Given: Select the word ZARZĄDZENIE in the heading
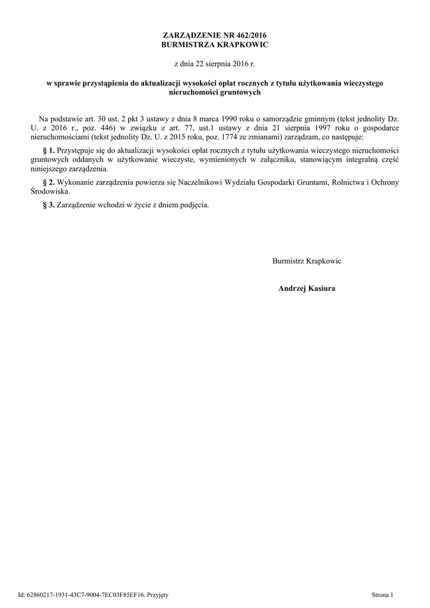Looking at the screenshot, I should pyautogui.click(x=191, y=36).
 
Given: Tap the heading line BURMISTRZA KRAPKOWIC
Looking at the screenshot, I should pyautogui.click(x=215, y=45).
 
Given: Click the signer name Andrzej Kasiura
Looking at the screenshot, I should pyautogui.click(x=307, y=289).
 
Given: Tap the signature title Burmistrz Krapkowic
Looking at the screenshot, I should pyautogui.click(x=307, y=261).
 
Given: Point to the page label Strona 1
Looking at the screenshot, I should pyautogui.click(x=382, y=594).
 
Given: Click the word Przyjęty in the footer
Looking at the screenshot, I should pyautogui.click(x=158, y=594).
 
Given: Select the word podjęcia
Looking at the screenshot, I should pyautogui.click(x=193, y=205).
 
